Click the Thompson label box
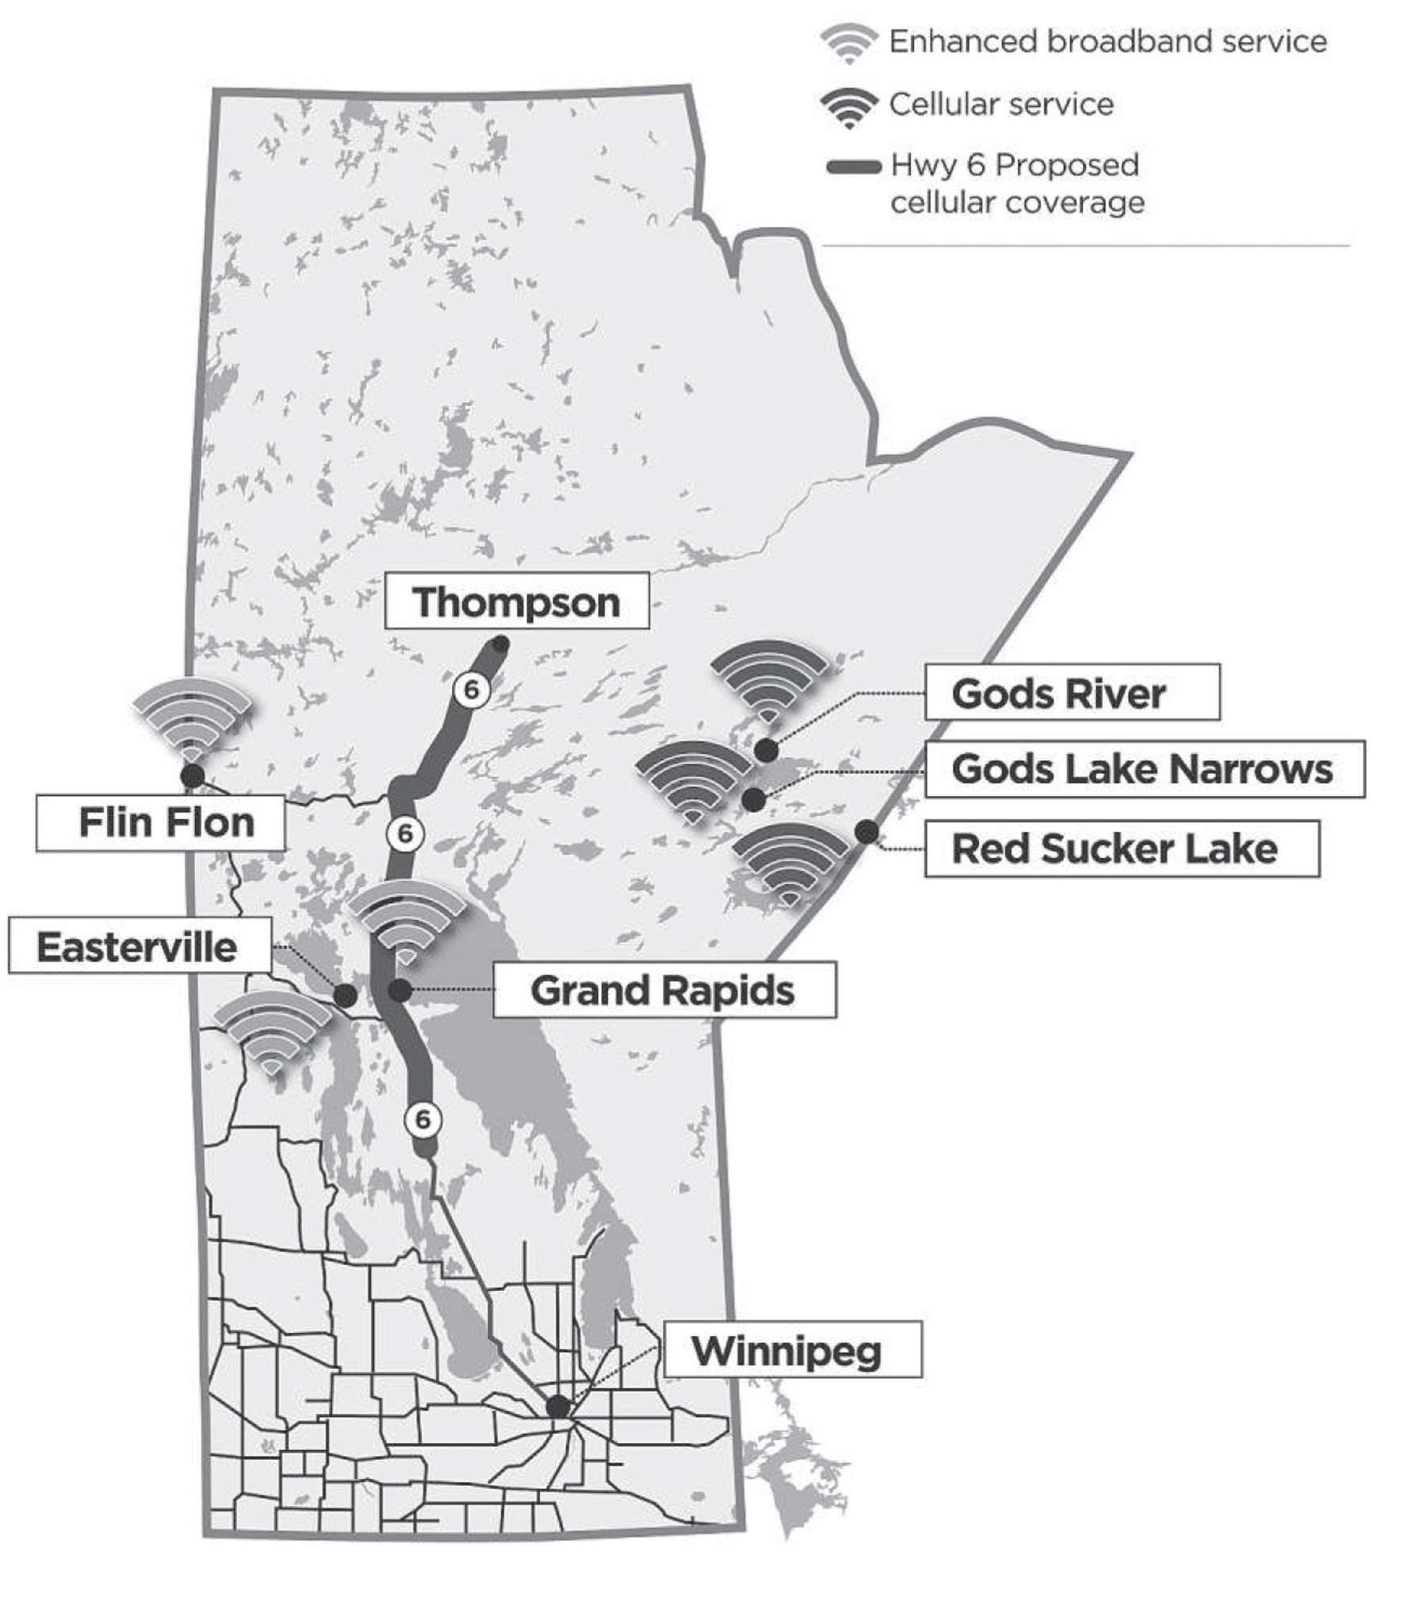[x=516, y=601]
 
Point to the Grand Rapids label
[x=664, y=990]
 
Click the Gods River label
[x=1071, y=693]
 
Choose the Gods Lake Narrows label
[x=1144, y=769]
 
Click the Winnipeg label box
[x=791, y=1350]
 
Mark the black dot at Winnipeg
[x=559, y=1406]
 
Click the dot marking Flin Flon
[x=193, y=776]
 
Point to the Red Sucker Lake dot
[x=867, y=832]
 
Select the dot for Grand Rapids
[x=400, y=990]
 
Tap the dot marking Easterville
[x=345, y=995]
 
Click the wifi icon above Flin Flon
[x=192, y=715]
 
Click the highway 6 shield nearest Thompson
[x=471, y=690]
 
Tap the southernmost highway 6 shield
[x=422, y=1119]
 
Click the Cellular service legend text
[x=1000, y=104]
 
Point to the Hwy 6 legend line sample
[x=853, y=167]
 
